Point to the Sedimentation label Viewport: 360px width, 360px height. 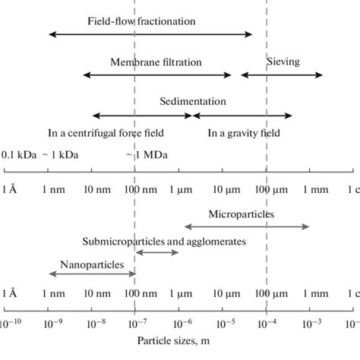193,101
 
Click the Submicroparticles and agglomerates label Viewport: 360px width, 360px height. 164,241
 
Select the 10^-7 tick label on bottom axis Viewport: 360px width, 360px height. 134,323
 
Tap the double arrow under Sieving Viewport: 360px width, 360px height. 282,74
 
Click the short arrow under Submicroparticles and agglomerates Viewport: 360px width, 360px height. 156,251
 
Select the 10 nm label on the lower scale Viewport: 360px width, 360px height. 92,292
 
